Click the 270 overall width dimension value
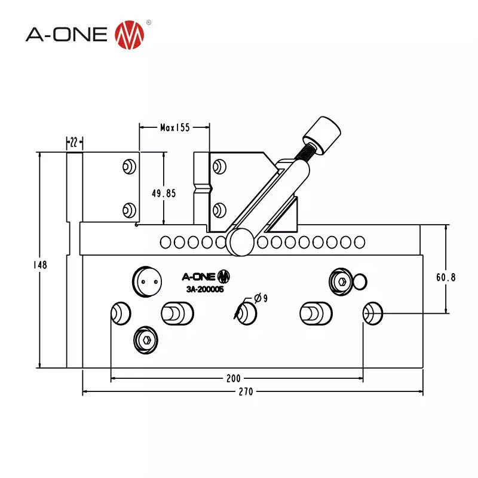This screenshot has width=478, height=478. coord(246,392)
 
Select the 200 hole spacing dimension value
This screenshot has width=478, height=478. coord(233,378)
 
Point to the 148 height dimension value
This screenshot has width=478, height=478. coord(41,264)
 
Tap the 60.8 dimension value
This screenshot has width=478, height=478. coord(446,277)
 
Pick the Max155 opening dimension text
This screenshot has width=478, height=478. coord(174,127)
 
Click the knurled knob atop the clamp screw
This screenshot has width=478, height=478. coord(321,134)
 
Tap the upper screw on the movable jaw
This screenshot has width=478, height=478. coord(219,166)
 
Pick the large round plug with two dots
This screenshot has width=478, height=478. coord(147,281)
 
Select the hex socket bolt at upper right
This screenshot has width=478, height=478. coord(342,281)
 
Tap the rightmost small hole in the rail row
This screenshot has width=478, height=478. coord(359,242)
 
